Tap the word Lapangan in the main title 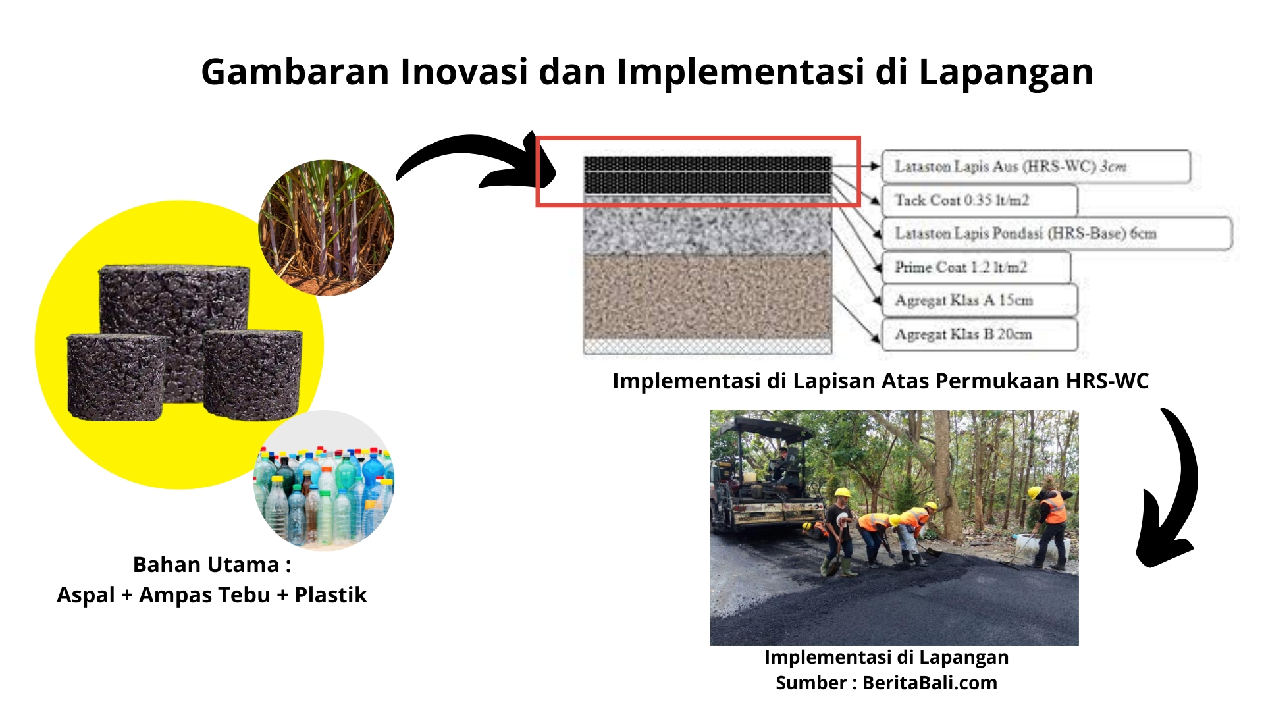pyautogui.click(x=1005, y=71)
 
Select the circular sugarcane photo pyautogui.click(x=327, y=227)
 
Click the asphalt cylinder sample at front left pyautogui.click(x=116, y=377)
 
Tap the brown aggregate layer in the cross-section pyautogui.click(x=708, y=296)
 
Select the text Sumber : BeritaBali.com pyautogui.click(x=886, y=683)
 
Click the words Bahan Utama pyautogui.click(x=206, y=564)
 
